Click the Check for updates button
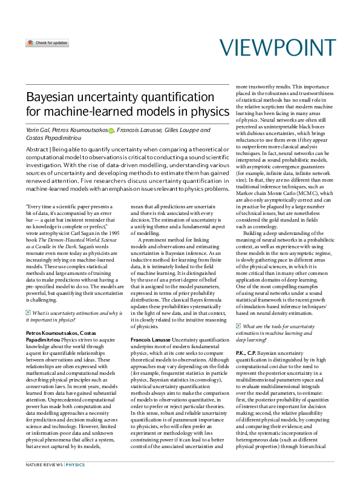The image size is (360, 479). (x=47, y=44)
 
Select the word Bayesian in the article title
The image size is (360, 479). (x=51, y=97)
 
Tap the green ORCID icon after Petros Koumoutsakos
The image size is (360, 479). (x=111, y=130)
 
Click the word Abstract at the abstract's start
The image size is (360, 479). (x=38, y=149)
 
